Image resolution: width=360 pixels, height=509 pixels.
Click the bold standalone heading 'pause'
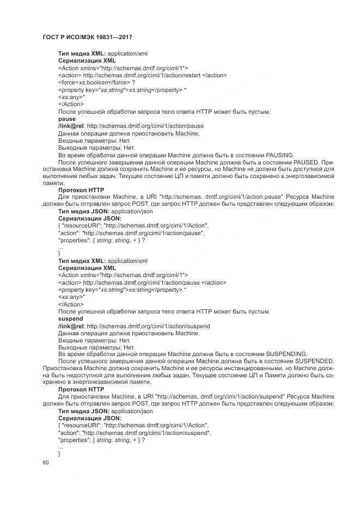67,119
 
